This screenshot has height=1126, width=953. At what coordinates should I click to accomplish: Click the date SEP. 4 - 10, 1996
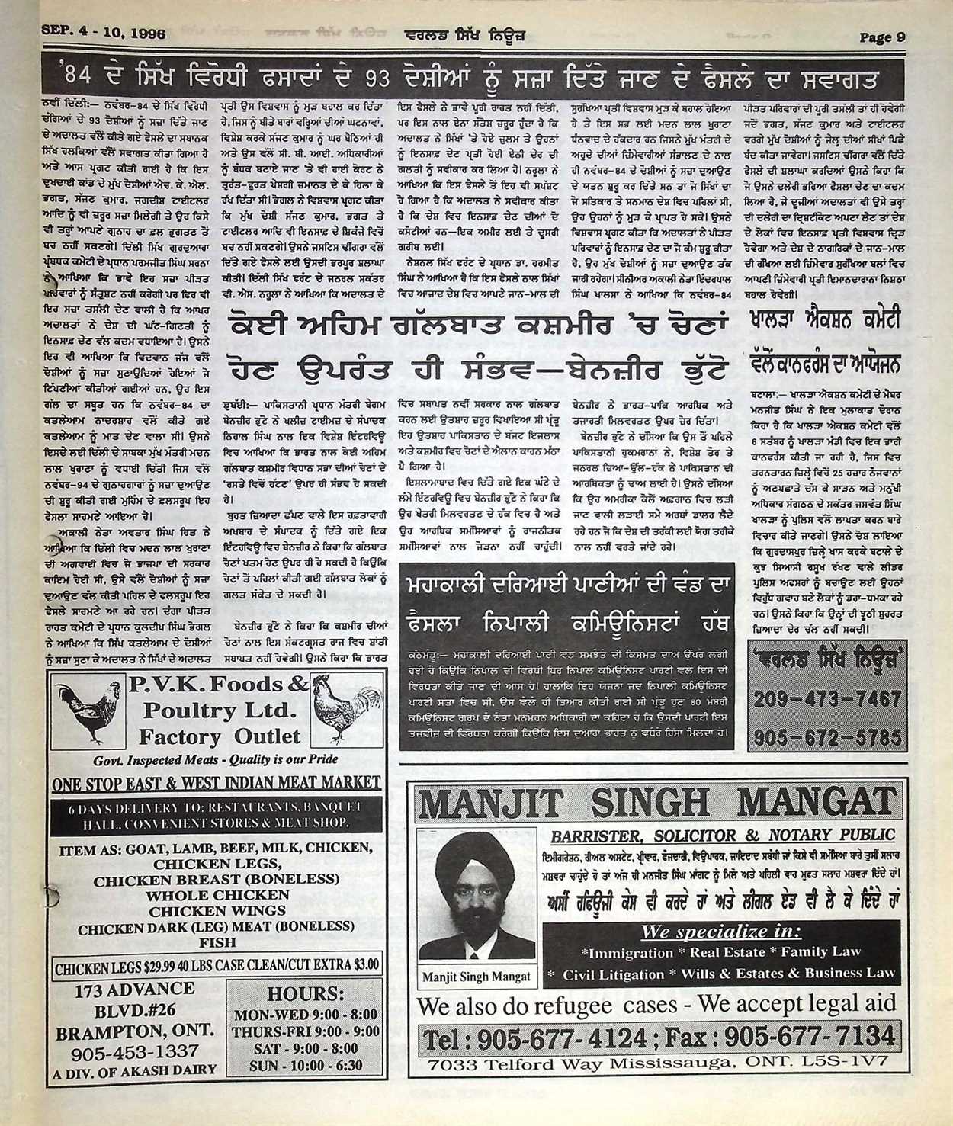pyautogui.click(x=104, y=34)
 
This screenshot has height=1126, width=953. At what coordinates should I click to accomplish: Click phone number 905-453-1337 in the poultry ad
pyautogui.click(x=135, y=1051)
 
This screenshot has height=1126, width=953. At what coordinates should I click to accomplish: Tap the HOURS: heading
pyautogui.click(x=305, y=994)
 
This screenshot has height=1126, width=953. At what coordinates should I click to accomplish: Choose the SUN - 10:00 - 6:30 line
pyautogui.click(x=305, y=1065)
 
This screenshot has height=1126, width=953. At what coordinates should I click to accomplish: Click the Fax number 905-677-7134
pyautogui.click(x=807, y=1037)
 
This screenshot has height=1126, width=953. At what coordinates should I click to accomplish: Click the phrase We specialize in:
pyautogui.click(x=720, y=931)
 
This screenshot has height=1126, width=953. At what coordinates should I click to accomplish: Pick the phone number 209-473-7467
pyautogui.click(x=826, y=698)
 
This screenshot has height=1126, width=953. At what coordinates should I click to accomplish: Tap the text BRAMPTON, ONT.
pyautogui.click(x=135, y=1031)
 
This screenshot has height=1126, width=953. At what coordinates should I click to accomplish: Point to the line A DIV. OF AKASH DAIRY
pyautogui.click(x=135, y=1070)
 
